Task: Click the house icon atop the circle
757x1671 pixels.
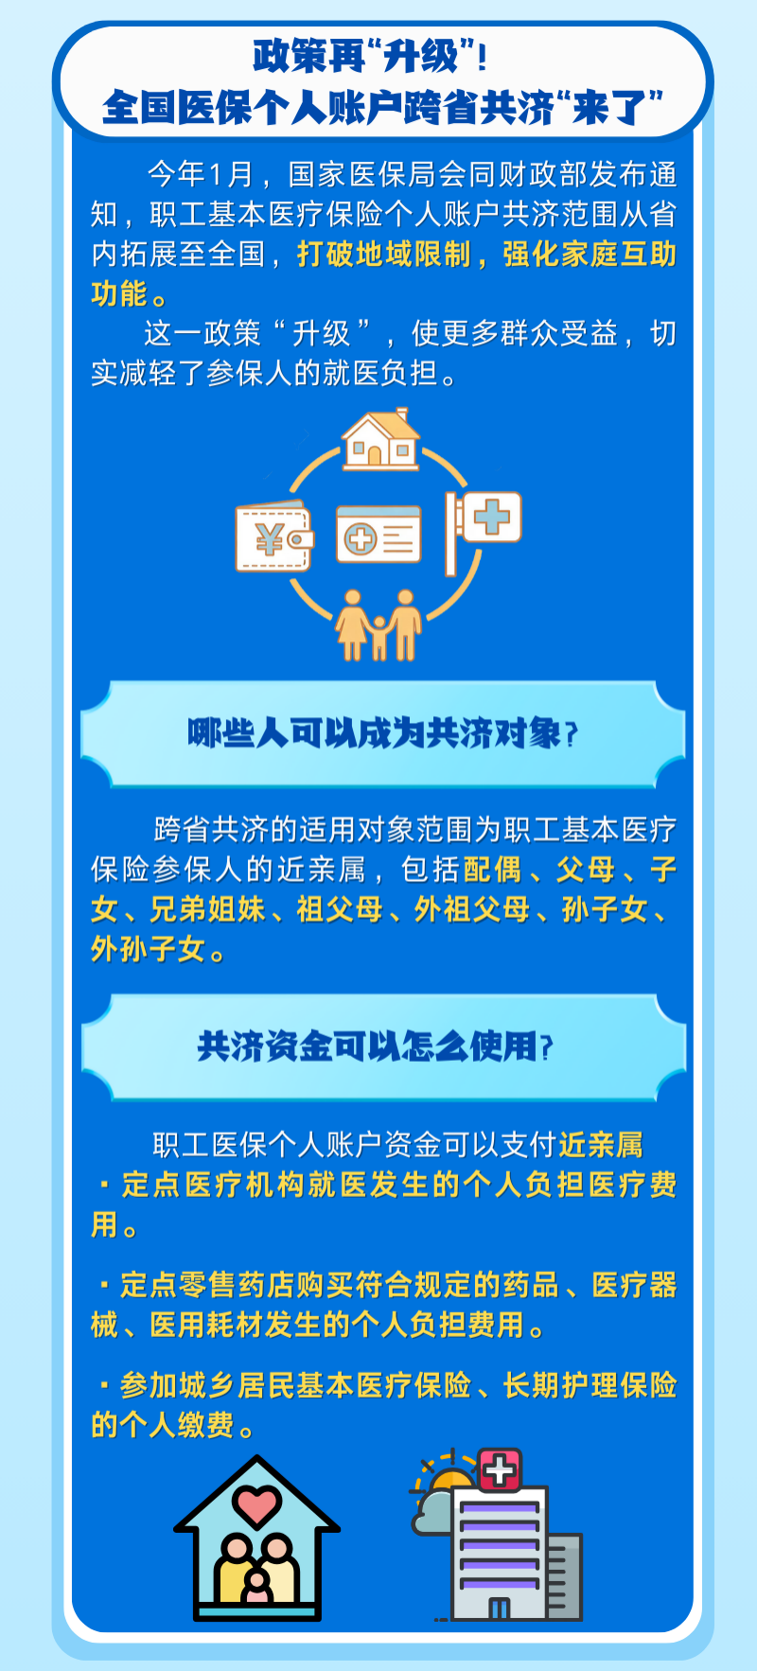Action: (380, 439)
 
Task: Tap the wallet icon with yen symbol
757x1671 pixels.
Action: (273, 536)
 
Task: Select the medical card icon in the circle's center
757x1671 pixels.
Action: (378, 536)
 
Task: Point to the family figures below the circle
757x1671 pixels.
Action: (378, 624)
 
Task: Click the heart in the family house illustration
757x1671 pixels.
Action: (256, 1503)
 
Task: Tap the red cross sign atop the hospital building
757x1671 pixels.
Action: (500, 1469)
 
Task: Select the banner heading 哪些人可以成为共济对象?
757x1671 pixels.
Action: (382, 733)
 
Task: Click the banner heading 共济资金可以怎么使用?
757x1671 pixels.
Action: (375, 1047)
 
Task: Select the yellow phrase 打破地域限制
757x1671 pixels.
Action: (383, 254)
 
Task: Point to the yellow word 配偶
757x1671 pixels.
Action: (492, 869)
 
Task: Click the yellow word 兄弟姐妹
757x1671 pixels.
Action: (207, 908)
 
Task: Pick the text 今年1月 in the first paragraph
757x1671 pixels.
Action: (200, 174)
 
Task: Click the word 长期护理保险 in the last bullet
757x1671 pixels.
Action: (590, 1384)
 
